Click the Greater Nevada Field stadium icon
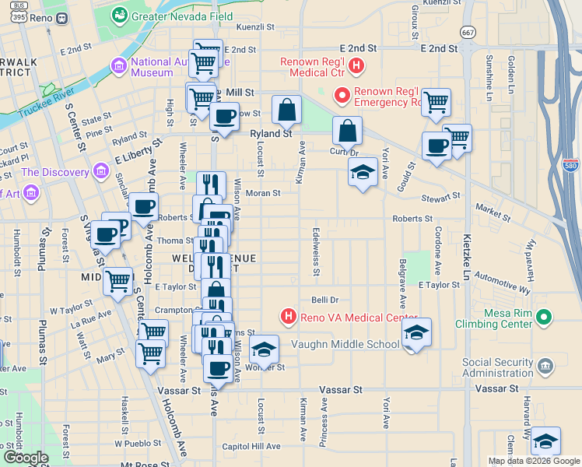[119, 14]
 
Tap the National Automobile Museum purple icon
[119, 63]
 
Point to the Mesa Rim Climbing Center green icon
[545, 317]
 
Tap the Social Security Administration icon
[545, 366]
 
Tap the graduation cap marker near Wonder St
[265, 350]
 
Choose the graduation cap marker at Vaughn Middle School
[417, 332]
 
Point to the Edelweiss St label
[316, 251]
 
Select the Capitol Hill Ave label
[251, 446]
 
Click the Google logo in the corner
[25, 458]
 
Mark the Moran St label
[262, 193]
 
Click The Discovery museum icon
[100, 171]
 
